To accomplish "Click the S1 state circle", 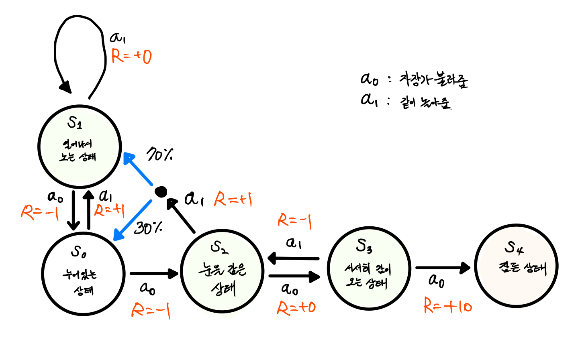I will pyautogui.click(x=80, y=146).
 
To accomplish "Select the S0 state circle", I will pyautogui.click(x=83, y=274).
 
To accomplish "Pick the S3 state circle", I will pyautogui.click(x=369, y=268).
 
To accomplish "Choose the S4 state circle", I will pyautogui.click(x=516, y=266).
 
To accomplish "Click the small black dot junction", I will pyautogui.click(x=161, y=192).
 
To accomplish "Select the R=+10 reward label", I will pyautogui.click(x=447, y=307).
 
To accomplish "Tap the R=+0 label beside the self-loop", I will pyautogui.click(x=131, y=56).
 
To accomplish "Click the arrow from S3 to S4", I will pyautogui.click(x=443, y=268).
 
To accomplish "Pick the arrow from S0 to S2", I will pyautogui.click(x=154, y=274).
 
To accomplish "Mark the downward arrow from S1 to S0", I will pyautogui.click(x=73, y=210).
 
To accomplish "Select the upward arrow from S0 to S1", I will pyautogui.click(x=89, y=210).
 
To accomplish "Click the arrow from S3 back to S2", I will pyautogui.click(x=294, y=258).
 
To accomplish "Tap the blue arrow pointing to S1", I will pyautogui.click(x=138, y=169).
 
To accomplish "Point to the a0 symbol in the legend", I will pyautogui.click(x=369, y=79).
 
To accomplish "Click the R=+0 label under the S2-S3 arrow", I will pyautogui.click(x=296, y=308).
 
